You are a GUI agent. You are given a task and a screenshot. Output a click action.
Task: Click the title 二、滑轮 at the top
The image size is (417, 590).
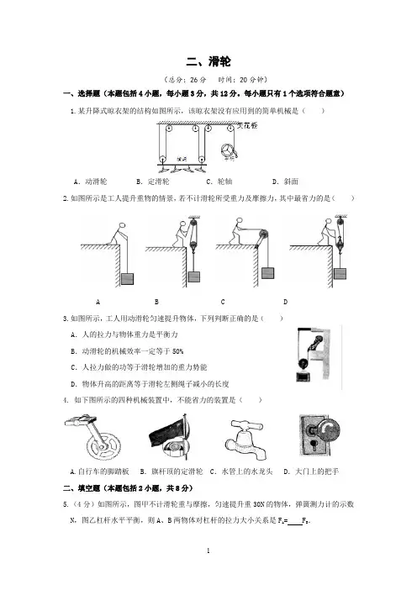tap(208, 61)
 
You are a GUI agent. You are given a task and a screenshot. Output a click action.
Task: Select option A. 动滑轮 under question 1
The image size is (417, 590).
tap(90, 182)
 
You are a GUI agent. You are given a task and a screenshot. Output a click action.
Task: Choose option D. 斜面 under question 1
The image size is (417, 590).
tap(285, 182)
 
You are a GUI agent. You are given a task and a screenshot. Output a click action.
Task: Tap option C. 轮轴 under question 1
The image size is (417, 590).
tap(219, 182)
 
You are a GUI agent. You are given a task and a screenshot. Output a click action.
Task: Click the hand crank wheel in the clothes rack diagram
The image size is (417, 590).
tap(229, 150)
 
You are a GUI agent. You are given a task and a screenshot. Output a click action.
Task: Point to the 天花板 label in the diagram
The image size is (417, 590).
tap(247, 126)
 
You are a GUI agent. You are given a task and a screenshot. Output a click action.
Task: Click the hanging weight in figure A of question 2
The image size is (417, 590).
tap(127, 279)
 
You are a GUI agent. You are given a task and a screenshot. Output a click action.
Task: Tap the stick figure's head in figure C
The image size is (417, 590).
tap(239, 221)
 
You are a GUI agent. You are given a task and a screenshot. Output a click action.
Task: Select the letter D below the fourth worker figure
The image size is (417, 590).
tap(285, 302)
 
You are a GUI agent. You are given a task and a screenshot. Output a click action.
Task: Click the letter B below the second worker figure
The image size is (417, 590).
tap(156, 302)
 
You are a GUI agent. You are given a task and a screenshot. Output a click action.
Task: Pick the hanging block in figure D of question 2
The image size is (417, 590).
tap(340, 273)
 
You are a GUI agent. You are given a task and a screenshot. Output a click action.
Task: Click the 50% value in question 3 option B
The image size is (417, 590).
tap(177, 351)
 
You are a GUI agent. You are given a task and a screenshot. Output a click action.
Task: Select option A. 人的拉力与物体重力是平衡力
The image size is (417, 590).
tap(124, 335)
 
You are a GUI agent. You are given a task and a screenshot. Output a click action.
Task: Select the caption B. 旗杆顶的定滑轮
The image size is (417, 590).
tap(172, 471)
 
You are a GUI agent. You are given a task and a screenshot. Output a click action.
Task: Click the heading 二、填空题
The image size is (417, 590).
tap(82, 488)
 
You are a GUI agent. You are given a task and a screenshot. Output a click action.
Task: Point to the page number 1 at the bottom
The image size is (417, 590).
tap(208, 550)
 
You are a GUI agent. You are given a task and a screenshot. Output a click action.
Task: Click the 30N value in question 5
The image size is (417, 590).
tap(259, 504)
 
